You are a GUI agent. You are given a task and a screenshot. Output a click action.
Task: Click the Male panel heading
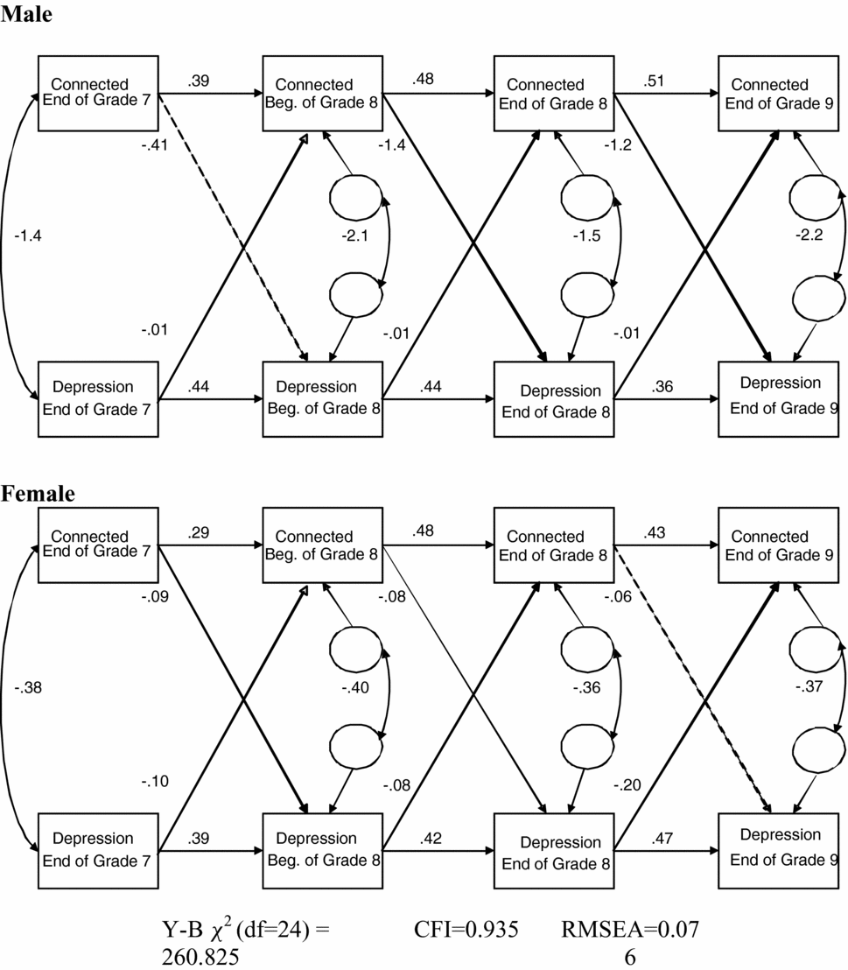pos(26,15)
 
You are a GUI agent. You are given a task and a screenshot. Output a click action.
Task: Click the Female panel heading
pos(38,494)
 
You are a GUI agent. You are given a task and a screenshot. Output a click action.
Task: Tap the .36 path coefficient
pos(662,385)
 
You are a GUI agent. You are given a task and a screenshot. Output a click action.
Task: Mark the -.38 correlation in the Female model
pos(29,688)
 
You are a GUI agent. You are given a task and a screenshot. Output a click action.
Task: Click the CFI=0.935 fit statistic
pos(466,931)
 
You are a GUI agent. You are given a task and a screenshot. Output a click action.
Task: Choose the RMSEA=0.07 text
pos(629,931)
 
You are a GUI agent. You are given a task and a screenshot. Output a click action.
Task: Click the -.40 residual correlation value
pos(357,688)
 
